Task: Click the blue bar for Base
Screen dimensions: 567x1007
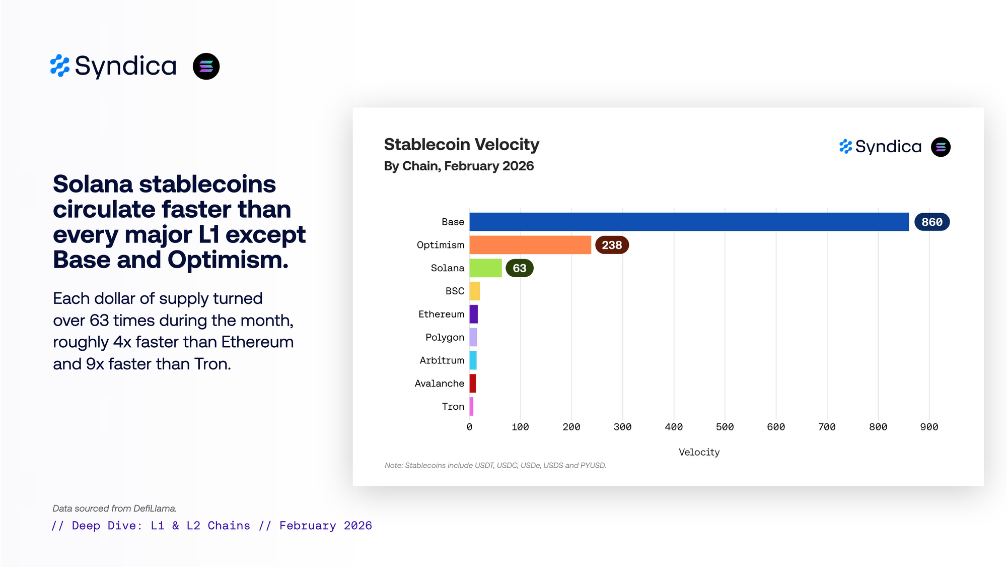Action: (689, 222)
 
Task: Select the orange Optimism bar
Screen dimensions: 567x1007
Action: (530, 245)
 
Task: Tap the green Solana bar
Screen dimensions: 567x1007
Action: (485, 268)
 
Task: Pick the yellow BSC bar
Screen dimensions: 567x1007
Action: (474, 291)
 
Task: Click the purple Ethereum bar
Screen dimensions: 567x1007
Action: (473, 314)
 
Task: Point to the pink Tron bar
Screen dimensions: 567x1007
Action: (471, 406)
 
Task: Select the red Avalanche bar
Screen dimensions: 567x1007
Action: (472, 384)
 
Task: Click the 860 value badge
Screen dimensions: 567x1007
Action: (931, 222)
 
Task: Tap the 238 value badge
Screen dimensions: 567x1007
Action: (612, 245)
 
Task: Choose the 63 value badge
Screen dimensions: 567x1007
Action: (519, 268)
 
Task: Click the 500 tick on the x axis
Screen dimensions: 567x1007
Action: (725, 427)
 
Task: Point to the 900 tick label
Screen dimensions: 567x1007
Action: (929, 427)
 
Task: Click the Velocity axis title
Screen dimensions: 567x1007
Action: (699, 452)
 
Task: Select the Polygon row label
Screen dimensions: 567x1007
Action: (445, 337)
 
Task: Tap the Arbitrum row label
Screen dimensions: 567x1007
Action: (442, 360)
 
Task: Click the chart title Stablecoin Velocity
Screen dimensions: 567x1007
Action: (461, 145)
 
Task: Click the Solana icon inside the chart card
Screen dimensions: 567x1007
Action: (941, 147)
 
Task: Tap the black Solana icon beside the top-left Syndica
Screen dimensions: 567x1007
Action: (206, 67)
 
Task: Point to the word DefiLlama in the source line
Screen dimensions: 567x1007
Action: (155, 509)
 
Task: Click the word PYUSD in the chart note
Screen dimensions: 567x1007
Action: (593, 465)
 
